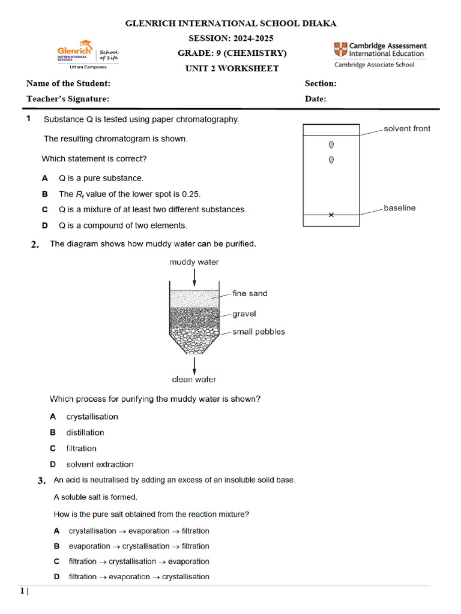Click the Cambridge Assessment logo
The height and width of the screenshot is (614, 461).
click(380, 54)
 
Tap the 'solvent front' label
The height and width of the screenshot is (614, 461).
click(407, 128)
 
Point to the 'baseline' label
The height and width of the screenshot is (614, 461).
click(400, 208)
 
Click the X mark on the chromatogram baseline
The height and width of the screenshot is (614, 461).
click(331, 215)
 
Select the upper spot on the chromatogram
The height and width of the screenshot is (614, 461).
click(331, 145)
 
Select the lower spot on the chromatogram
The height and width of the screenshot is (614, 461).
click(331, 159)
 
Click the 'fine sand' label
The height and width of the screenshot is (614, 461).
click(250, 293)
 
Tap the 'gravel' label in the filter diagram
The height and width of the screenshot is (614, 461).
click(244, 314)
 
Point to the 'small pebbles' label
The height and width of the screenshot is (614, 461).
click(259, 332)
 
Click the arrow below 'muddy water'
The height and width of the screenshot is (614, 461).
click(194, 277)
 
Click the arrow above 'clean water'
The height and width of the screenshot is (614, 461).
click(194, 365)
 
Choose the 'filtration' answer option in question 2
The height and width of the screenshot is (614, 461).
click(81, 448)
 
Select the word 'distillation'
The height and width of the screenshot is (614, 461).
click(85, 432)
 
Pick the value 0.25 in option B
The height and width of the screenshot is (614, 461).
click(191, 194)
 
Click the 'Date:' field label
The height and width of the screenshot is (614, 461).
click(315, 99)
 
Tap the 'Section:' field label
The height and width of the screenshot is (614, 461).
click(321, 83)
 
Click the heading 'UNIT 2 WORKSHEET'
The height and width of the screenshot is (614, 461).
click(232, 68)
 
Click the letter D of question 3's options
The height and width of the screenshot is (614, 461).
click(56, 577)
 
